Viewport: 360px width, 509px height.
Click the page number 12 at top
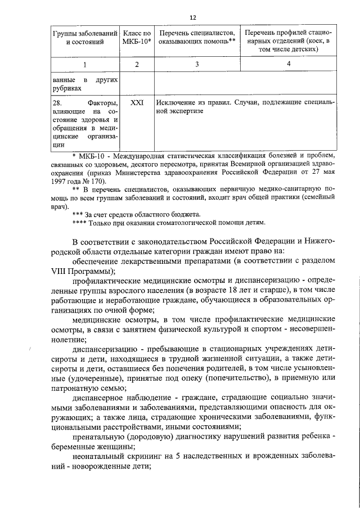193,17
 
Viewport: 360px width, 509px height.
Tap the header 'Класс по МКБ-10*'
137,38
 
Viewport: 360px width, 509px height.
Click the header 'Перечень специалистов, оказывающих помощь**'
196,38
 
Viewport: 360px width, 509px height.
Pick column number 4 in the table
288,64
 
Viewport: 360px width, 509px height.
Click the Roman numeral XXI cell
137,103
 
